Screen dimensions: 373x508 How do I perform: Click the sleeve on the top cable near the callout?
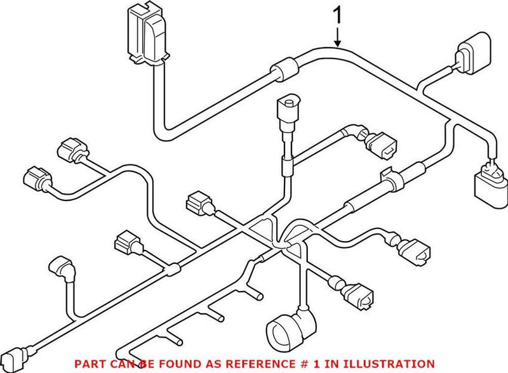click(x=284, y=67)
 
